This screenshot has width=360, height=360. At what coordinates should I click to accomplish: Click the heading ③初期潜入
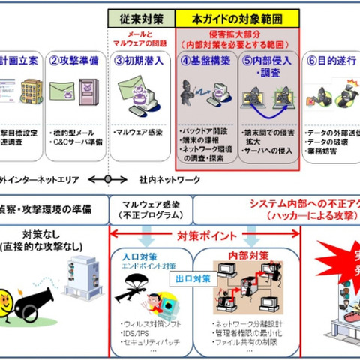141,61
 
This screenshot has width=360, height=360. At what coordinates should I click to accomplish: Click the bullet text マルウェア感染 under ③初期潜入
140,132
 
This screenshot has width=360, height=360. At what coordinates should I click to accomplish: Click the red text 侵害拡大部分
238,34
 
